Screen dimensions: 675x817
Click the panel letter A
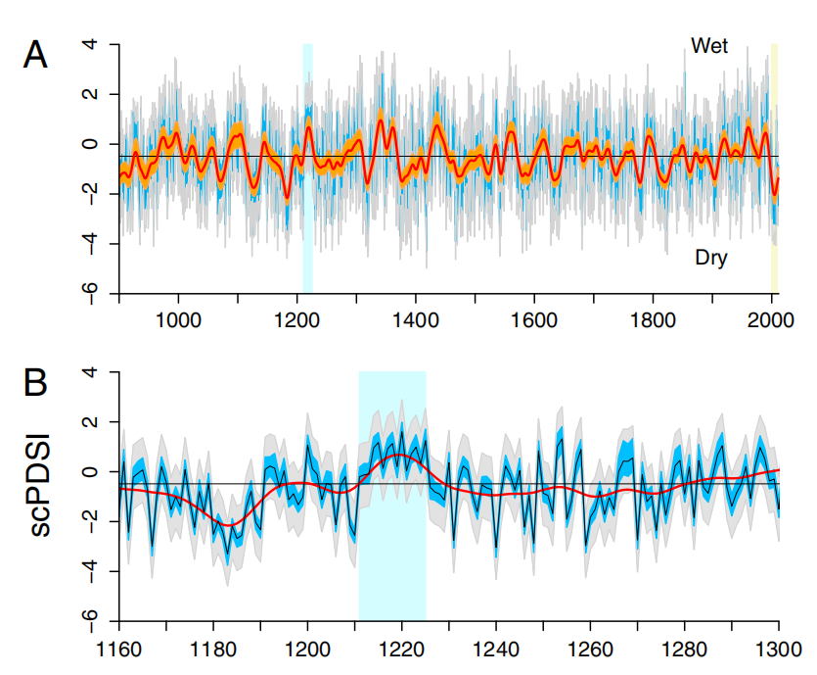(x=35, y=55)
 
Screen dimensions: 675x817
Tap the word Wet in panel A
(x=709, y=46)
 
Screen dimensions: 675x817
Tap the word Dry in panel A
(x=711, y=259)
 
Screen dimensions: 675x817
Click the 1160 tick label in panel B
(x=118, y=647)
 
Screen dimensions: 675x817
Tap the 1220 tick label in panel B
(x=401, y=647)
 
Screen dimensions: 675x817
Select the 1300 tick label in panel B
(x=779, y=647)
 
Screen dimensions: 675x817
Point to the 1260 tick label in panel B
(x=590, y=647)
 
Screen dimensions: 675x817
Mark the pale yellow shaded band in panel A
(x=774, y=167)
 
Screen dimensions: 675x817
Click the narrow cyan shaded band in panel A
(x=307, y=167)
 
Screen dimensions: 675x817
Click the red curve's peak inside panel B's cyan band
(x=399, y=456)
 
